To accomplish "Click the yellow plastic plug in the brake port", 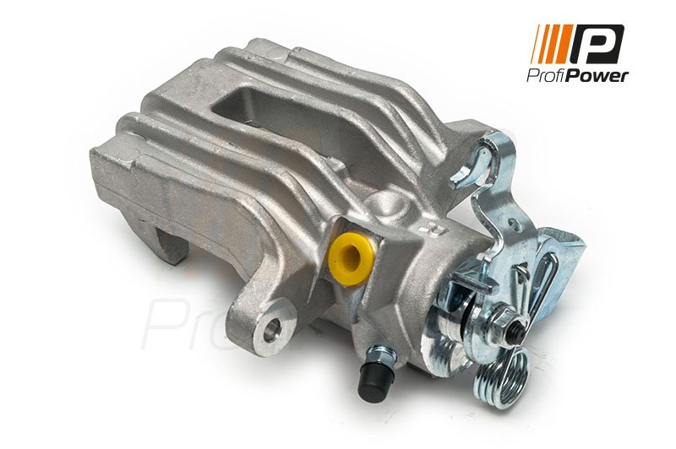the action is click(x=350, y=260).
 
